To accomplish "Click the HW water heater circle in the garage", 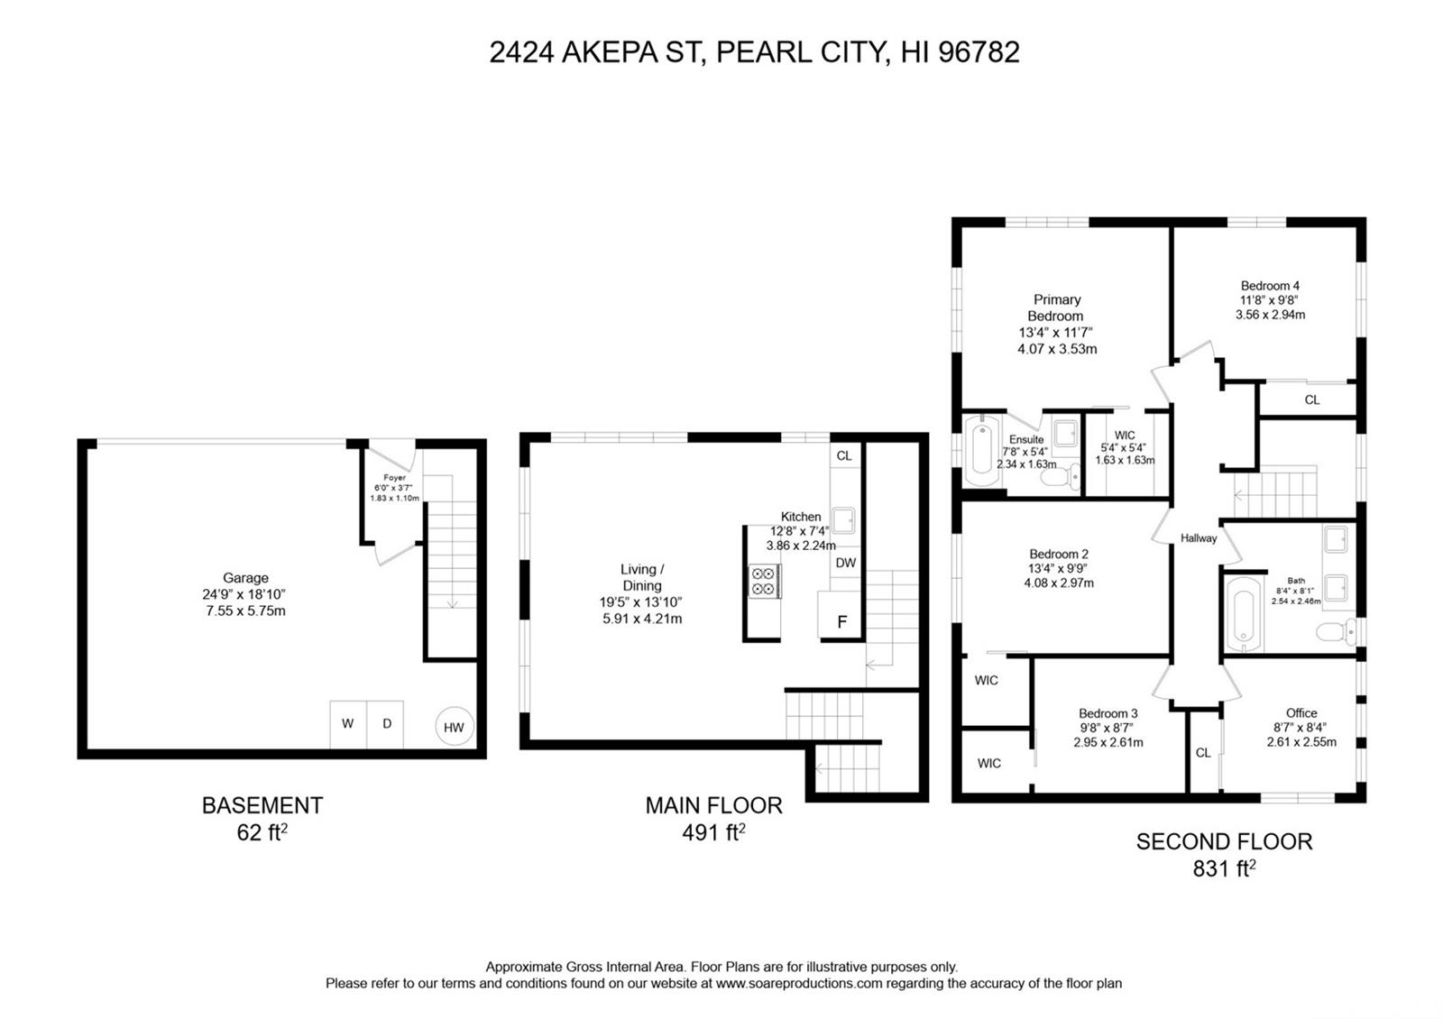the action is [455, 727].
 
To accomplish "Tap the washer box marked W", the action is [348, 724].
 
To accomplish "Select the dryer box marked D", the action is [385, 724].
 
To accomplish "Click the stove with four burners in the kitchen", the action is [764, 581].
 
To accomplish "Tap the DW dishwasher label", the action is [845, 563].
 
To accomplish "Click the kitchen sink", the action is [844, 520].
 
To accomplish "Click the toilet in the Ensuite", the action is [1061, 477].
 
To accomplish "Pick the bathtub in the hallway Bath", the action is [1244, 613].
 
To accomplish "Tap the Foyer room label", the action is [394, 478].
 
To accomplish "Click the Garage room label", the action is [245, 578].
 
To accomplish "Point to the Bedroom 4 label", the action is [1270, 285].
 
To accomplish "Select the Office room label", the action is [1301, 713].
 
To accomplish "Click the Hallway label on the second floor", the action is [1199, 538].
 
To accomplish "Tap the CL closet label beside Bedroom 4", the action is [1311, 399].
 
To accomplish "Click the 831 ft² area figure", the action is [1224, 869].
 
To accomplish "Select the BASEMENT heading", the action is [262, 806].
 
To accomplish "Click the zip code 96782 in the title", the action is [979, 52].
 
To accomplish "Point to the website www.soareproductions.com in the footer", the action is [799, 984].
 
